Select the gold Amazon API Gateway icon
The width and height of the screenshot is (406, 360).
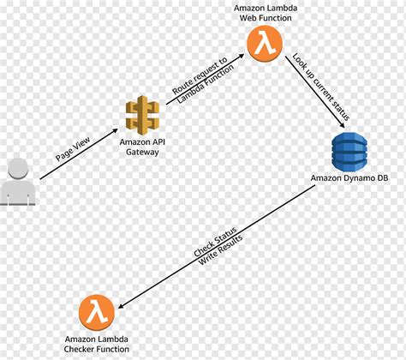[x=142, y=116]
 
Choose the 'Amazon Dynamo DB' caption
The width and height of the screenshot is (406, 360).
[x=348, y=180]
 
